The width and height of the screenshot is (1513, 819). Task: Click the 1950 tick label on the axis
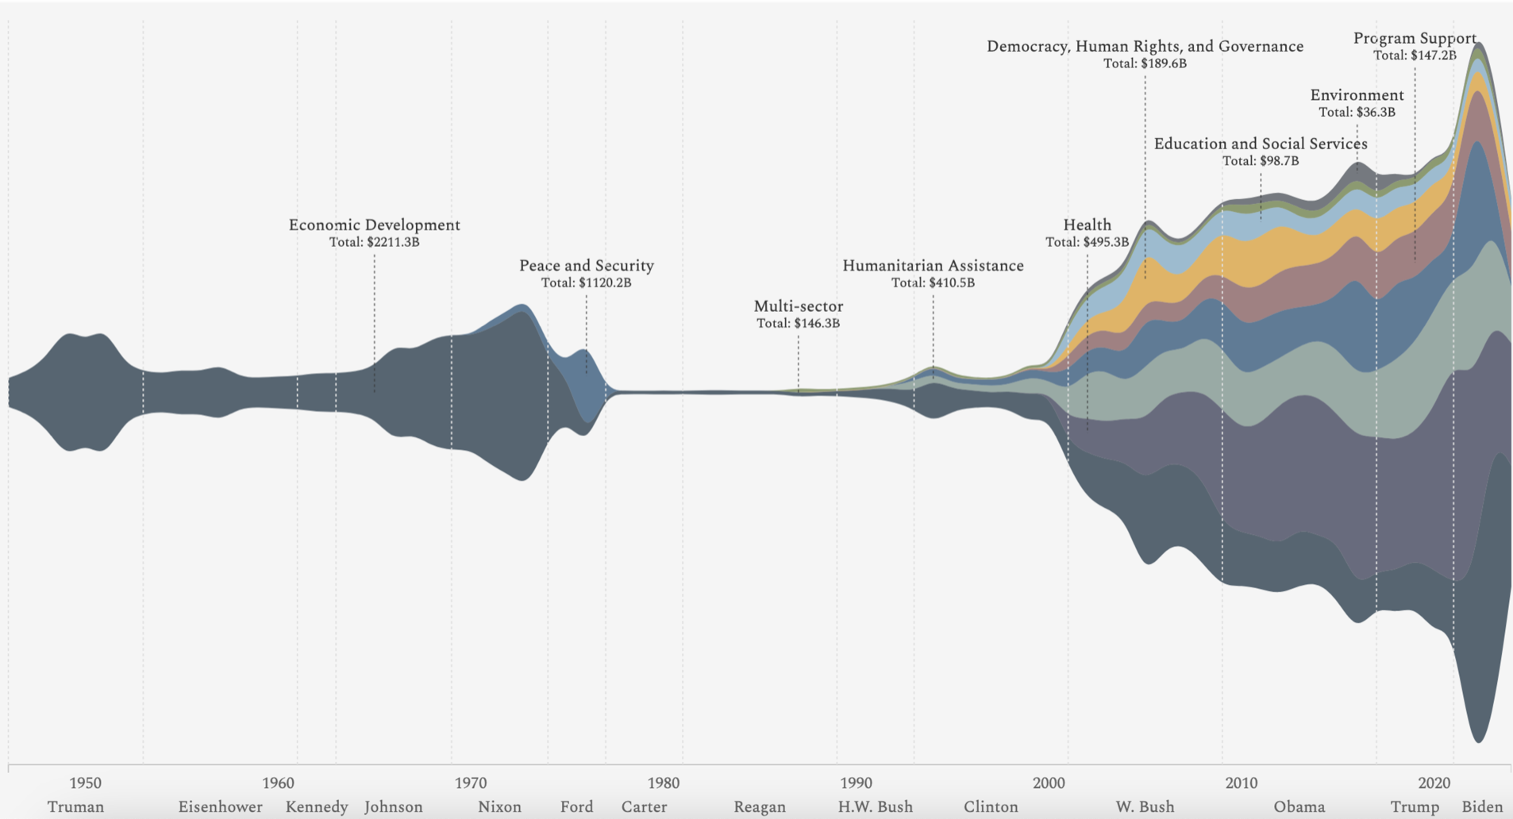click(x=85, y=783)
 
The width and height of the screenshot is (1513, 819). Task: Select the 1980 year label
click(x=664, y=783)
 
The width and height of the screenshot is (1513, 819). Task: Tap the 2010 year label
click(x=1242, y=783)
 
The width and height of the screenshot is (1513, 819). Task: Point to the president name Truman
click(x=75, y=807)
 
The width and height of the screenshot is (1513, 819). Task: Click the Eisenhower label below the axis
click(x=220, y=807)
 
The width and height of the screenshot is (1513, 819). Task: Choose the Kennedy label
click(x=317, y=807)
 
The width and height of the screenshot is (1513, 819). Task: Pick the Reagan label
click(x=760, y=807)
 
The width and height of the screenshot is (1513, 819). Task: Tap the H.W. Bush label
click(x=876, y=807)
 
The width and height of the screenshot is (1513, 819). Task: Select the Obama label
click(x=1299, y=807)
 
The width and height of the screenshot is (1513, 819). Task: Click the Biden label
click(x=1483, y=807)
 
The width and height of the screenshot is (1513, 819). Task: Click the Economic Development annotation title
click(x=374, y=225)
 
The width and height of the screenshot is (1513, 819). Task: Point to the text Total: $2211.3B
click(x=374, y=242)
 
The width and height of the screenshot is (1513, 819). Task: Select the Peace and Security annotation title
click(x=587, y=266)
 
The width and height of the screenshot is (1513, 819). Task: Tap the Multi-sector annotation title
click(x=799, y=306)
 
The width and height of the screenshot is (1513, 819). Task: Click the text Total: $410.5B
click(x=933, y=283)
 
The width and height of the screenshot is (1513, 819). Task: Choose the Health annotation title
click(x=1088, y=225)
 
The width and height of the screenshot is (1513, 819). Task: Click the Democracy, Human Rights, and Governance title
click(x=1145, y=47)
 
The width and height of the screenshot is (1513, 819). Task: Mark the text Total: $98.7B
click(x=1261, y=161)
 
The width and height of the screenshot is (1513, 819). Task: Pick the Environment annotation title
click(x=1357, y=95)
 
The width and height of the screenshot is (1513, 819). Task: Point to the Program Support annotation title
click(x=1415, y=38)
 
